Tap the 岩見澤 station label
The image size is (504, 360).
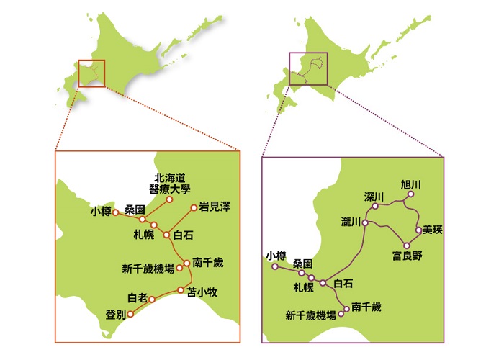215,207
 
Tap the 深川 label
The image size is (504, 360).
374,197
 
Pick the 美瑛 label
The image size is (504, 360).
433,230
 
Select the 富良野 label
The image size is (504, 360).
408,256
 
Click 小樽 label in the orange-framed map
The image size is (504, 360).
102,211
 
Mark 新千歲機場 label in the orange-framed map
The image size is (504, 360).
148,269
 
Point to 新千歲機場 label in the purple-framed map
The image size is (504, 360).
311,315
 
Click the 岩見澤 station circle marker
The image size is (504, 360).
194,208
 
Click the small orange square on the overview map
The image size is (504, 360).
91,73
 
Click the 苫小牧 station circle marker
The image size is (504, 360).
181,290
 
